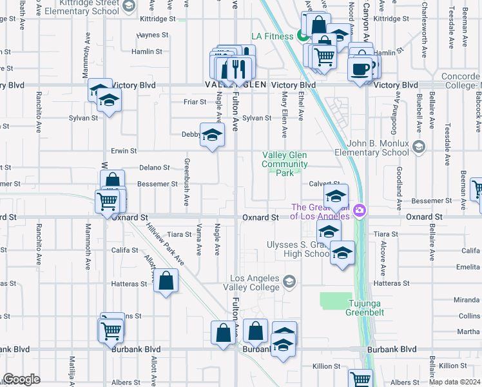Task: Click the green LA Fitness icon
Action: click(302, 36)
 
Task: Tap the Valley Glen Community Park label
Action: click(284, 164)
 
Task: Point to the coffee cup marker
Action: click(360, 68)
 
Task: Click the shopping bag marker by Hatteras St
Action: click(166, 281)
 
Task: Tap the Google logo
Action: click(21, 379)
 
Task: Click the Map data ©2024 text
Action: click(454, 382)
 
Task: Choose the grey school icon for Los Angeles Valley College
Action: click(289, 281)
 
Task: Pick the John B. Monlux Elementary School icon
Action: click(419, 147)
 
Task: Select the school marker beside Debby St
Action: click(211, 135)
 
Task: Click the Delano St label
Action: click(154, 167)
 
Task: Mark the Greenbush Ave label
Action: click(187, 183)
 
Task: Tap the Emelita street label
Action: click(470, 266)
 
